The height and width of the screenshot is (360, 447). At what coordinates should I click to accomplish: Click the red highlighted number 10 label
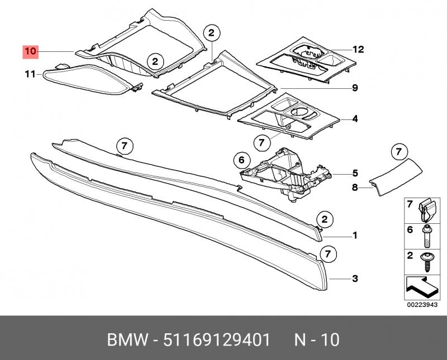coord(30,51)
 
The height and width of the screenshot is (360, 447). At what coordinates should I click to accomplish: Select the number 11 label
coord(30,74)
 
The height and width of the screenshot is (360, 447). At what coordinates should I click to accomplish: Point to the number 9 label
coord(355,88)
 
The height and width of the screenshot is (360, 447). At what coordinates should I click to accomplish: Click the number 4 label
coord(355,118)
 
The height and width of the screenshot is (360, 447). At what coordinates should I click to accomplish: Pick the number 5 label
coord(355,173)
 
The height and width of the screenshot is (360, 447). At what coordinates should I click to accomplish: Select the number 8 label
coord(354,188)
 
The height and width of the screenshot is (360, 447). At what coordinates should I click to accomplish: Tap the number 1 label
coord(355,235)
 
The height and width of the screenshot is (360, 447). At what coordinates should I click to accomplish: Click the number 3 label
coord(355,279)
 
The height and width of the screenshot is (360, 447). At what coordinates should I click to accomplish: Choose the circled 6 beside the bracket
coord(241,161)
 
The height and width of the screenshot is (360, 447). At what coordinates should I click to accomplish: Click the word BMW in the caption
coord(129,339)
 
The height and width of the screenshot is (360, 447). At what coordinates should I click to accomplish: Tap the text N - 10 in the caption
coord(316,339)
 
